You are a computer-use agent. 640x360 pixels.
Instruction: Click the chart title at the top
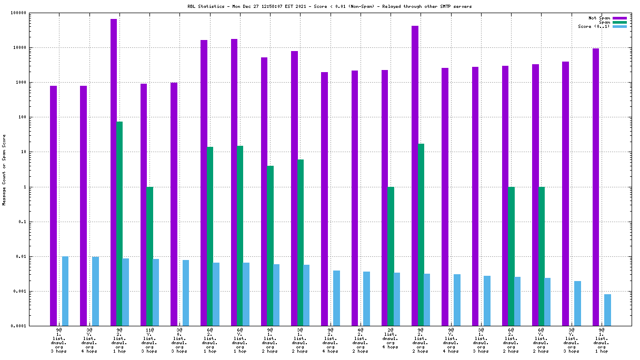(322, 6)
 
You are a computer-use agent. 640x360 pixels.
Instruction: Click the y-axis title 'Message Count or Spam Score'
(4, 169)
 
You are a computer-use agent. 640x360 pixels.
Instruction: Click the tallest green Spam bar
(119, 224)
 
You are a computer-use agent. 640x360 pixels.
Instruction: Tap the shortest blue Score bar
(607, 310)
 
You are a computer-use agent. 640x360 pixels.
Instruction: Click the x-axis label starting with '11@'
(149, 341)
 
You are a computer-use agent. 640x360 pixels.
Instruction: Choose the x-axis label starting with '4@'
(361, 341)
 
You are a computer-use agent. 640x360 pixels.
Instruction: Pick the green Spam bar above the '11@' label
(149, 256)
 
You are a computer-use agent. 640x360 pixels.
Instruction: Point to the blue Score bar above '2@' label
(397, 299)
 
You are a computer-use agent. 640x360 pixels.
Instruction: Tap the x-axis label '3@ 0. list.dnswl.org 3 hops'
(179, 341)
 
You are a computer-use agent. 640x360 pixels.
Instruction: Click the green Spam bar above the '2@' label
(391, 256)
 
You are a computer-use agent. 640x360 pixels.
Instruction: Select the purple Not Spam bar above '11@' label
(144, 205)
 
